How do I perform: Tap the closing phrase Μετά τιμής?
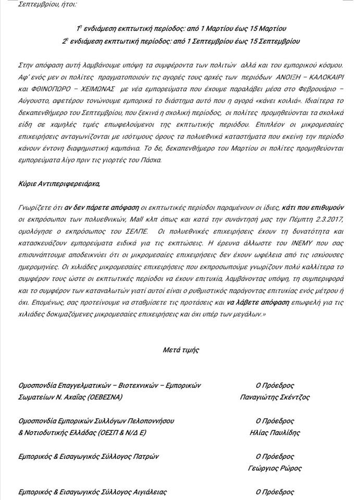tap(180, 350)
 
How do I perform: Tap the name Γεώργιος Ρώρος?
tap(275, 468)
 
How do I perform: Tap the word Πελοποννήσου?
tap(147, 421)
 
